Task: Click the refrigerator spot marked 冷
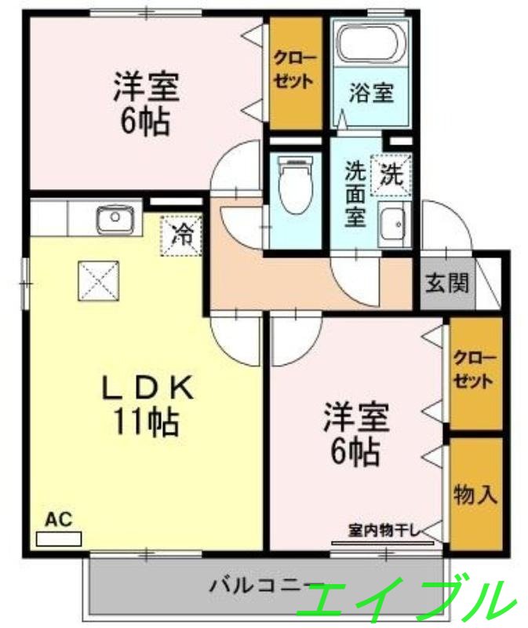click(x=180, y=235)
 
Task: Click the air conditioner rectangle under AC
click(x=59, y=539)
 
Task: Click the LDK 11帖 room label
click(x=147, y=404)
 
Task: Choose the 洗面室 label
click(x=355, y=194)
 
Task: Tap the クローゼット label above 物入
click(x=475, y=370)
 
